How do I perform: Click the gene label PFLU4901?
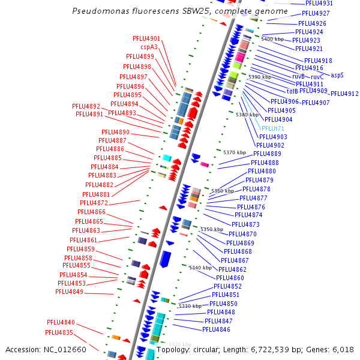click(x=146, y=38)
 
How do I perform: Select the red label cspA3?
click(x=149, y=47)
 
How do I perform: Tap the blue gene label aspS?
click(x=337, y=76)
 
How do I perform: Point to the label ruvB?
click(x=298, y=77)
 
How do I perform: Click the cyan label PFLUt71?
click(x=273, y=128)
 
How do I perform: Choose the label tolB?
click(x=292, y=92)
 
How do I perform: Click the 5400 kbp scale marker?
click(x=272, y=39)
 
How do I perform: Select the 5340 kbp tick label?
click(x=200, y=268)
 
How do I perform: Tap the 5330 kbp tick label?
click(x=190, y=306)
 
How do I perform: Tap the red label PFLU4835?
click(x=59, y=332)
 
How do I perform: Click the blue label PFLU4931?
click(x=319, y=4)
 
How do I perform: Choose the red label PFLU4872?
click(x=94, y=203)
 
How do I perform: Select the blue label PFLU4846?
click(x=216, y=329)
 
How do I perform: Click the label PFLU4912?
click(x=344, y=94)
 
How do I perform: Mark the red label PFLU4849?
click(x=69, y=292)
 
